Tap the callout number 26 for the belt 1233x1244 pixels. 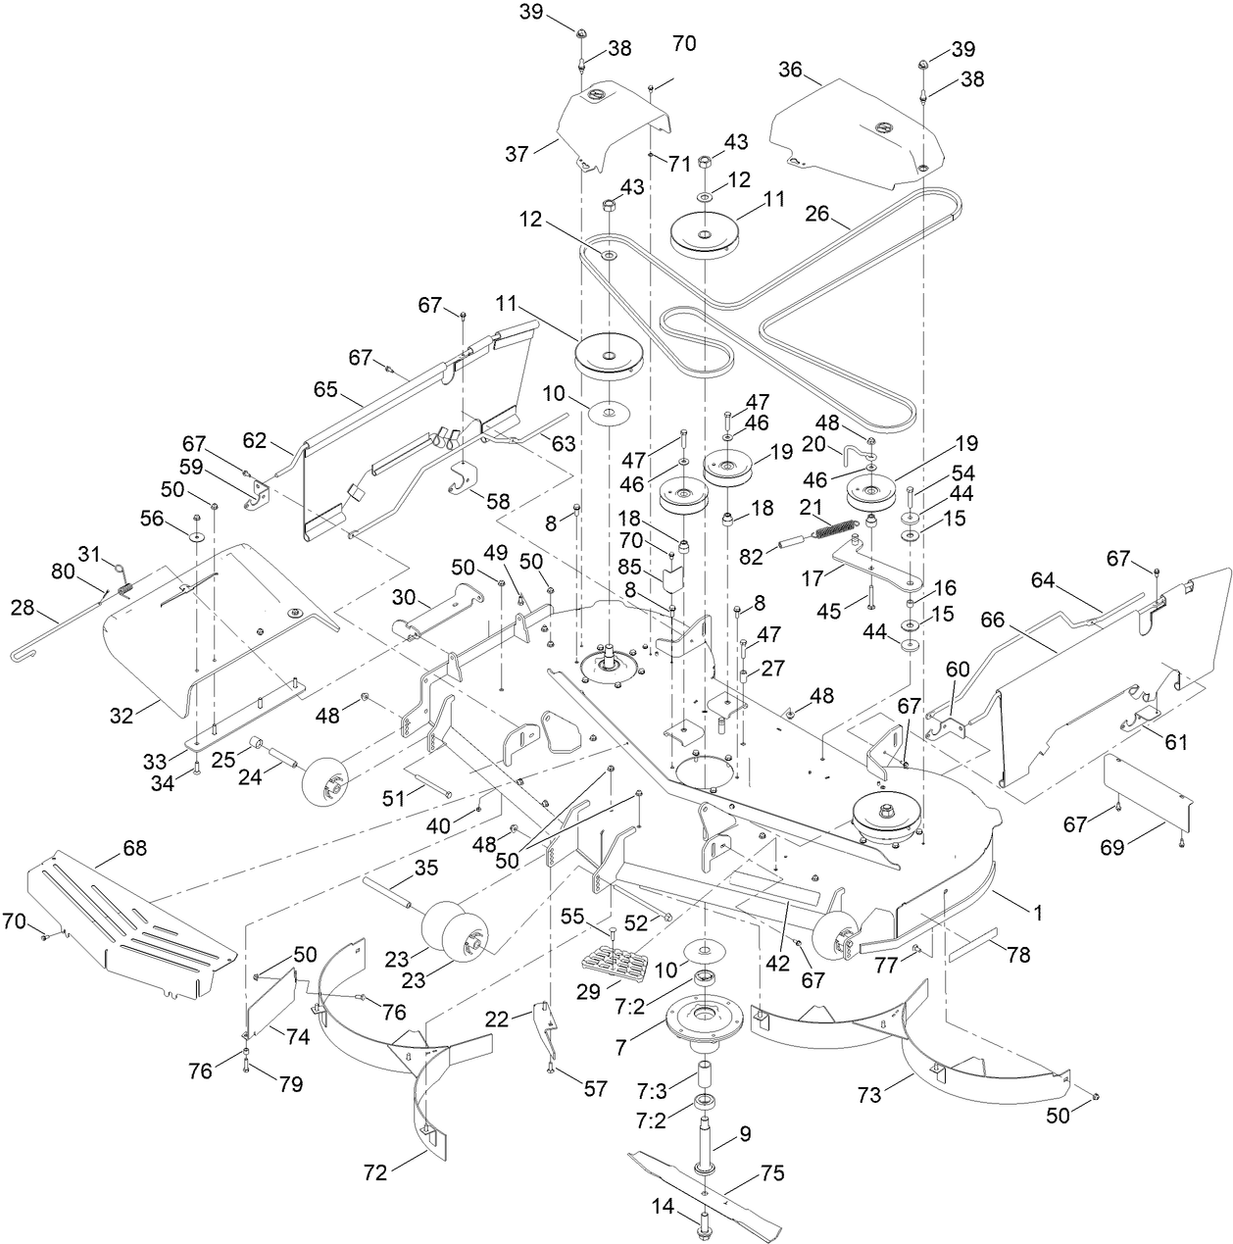819,213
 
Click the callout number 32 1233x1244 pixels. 121,716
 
